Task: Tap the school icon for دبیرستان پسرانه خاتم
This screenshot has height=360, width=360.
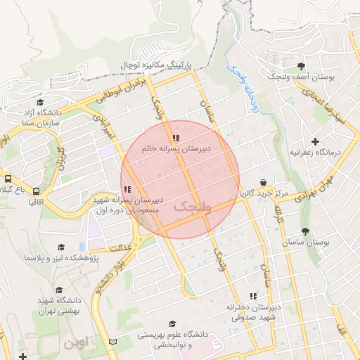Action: [176, 138]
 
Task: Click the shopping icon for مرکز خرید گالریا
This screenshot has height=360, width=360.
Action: [263, 182]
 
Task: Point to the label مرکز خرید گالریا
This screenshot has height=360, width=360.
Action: [263, 193]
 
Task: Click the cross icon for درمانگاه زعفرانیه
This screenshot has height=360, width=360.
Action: [315, 141]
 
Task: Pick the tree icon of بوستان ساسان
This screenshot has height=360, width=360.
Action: [305, 231]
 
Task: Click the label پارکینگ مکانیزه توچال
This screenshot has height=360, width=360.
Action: [156, 65]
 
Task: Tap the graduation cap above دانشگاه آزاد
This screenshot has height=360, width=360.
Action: [39, 102]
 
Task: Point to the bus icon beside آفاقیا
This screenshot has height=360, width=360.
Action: [36, 191]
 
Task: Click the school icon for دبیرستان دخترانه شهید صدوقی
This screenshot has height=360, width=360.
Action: [253, 297]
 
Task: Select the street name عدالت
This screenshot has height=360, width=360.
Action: [121, 247]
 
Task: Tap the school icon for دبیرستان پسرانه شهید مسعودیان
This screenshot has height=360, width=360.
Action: [127, 189]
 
